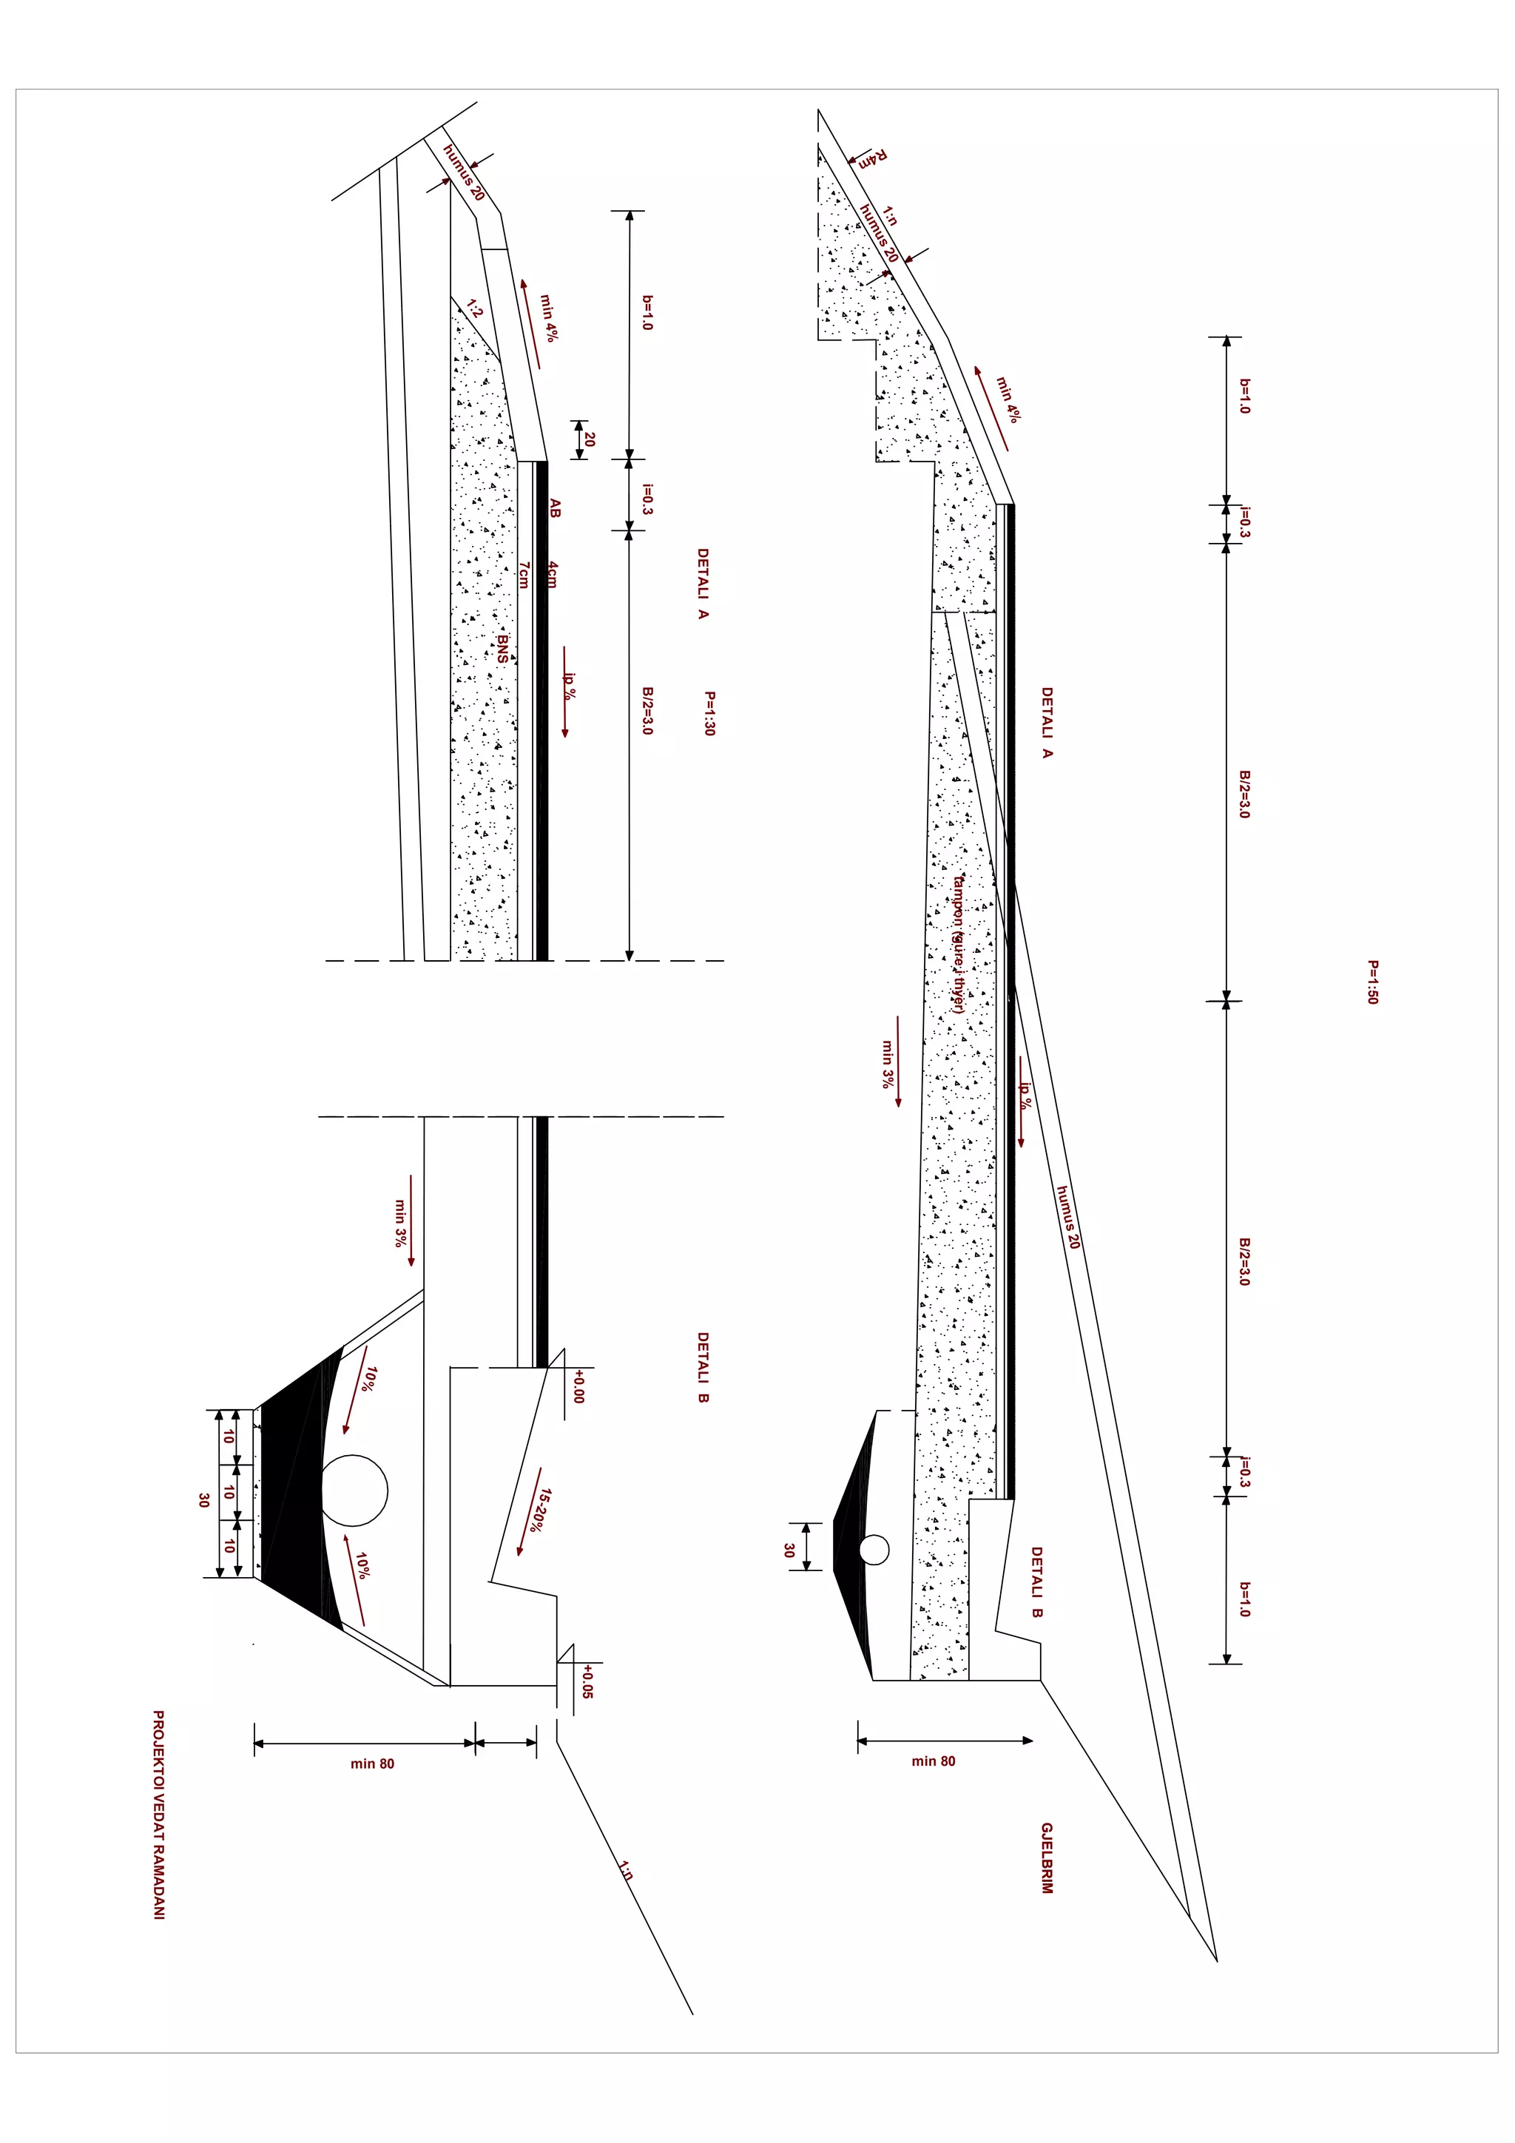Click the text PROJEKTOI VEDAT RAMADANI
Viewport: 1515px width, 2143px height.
point(159,1815)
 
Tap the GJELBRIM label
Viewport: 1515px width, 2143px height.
point(1047,1857)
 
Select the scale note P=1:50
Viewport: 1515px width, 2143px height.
point(1372,982)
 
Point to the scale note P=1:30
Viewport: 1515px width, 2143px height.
point(709,713)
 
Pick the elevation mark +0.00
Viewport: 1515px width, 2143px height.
point(578,1386)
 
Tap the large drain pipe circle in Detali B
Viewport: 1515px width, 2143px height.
point(355,1490)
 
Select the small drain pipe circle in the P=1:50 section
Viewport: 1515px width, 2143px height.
point(874,1550)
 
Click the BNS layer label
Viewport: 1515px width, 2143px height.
point(502,649)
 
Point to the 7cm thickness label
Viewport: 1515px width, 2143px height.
point(524,575)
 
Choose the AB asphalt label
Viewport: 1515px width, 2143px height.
point(555,509)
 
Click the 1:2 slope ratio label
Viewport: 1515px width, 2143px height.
point(474,309)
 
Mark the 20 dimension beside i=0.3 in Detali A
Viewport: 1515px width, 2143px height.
point(589,439)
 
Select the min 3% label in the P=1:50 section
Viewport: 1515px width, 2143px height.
point(887,1064)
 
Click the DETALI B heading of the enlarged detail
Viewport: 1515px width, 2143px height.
point(703,1367)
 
